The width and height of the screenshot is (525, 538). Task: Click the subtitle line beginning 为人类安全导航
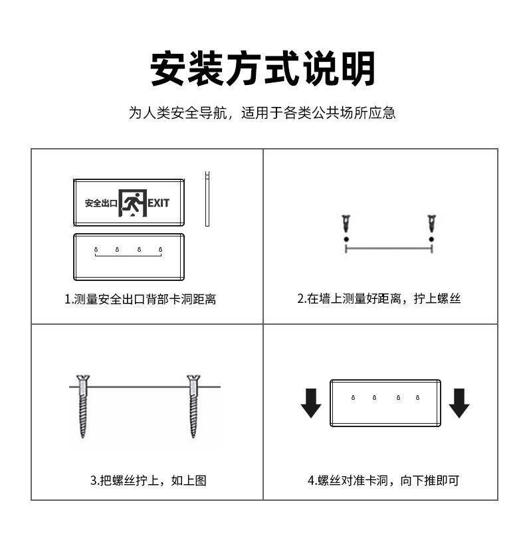(262, 113)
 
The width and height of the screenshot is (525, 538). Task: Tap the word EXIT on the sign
(158, 202)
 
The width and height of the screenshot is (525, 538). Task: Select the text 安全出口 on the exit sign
(100, 203)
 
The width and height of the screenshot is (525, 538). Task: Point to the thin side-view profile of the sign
(207, 199)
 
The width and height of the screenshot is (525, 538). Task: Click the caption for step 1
(140, 300)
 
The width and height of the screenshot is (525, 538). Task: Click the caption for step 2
(379, 300)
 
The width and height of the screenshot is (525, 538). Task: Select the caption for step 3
(148, 480)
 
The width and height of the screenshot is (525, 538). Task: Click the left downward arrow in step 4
(310, 403)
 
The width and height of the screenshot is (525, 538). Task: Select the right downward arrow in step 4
(459, 403)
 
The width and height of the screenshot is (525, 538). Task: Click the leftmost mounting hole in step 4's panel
(352, 398)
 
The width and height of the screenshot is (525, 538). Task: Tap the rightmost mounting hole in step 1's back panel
(160, 250)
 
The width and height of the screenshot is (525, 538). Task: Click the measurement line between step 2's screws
(389, 248)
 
